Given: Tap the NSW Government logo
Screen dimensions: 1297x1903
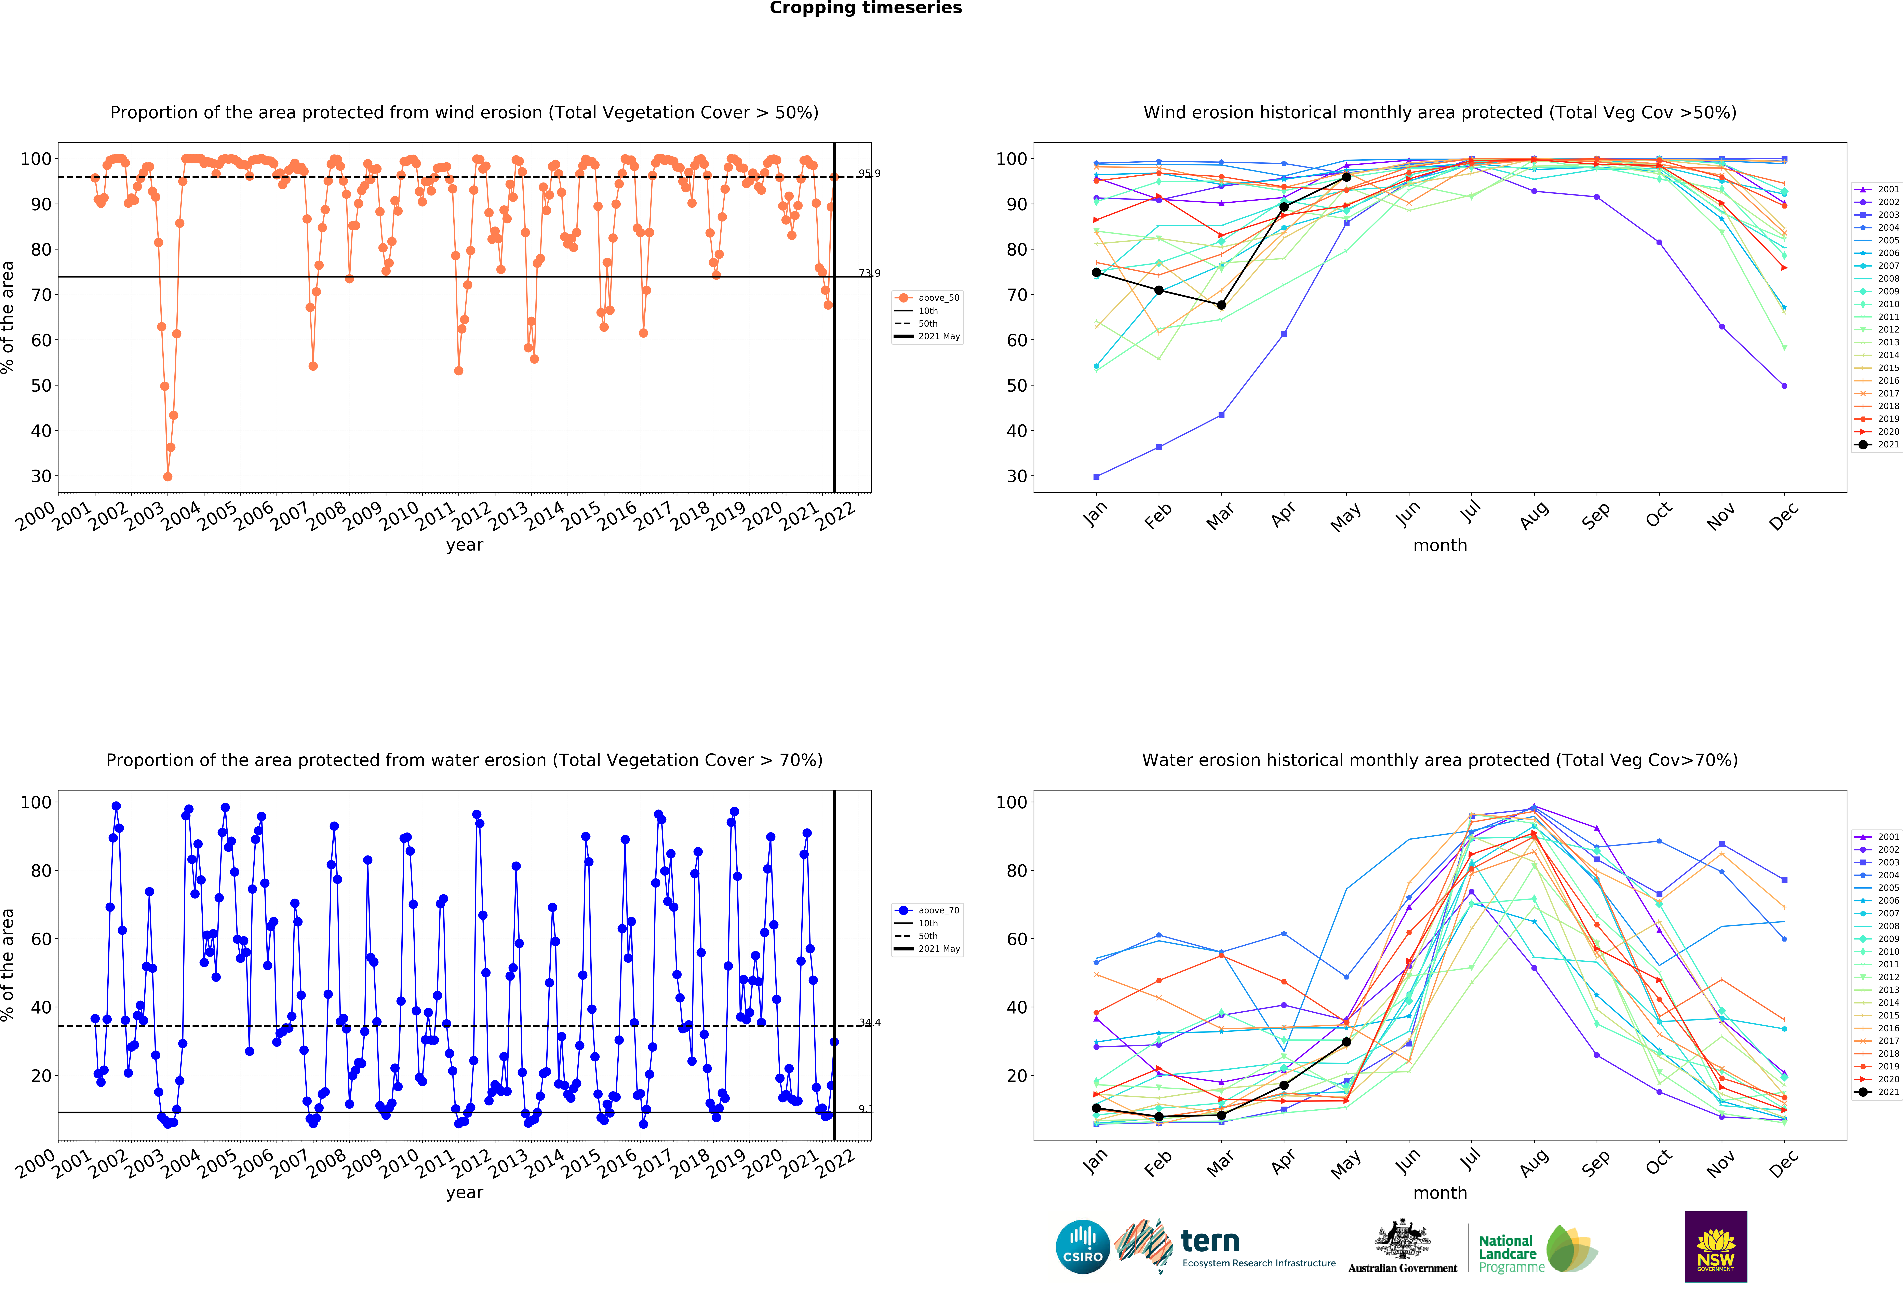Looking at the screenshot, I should [1715, 1246].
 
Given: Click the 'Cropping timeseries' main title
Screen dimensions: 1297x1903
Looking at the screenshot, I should [866, 8].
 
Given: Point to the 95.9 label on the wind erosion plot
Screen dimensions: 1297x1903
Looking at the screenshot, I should [869, 174].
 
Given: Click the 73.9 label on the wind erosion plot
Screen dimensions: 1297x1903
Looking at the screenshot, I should [869, 273].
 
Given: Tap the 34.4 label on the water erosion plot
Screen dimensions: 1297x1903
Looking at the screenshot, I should [869, 1023].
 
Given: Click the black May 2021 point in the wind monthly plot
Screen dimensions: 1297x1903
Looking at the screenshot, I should [1346, 177].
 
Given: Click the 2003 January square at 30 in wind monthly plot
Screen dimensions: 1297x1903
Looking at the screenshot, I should [1096, 476].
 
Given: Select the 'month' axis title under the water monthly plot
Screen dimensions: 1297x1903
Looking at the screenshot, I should [1439, 1193].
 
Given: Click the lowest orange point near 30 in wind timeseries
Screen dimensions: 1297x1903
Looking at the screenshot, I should [168, 476].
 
